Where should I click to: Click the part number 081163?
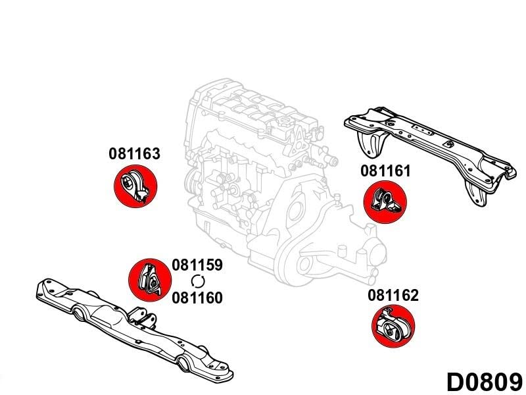(134, 154)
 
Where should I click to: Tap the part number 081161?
(385, 171)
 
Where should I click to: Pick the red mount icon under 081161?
(385, 202)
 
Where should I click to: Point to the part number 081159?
(197, 265)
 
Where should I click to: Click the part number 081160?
(197, 298)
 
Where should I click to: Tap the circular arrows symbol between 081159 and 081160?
(197, 282)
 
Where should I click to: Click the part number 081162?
(393, 295)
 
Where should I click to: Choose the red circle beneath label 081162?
(393, 327)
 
